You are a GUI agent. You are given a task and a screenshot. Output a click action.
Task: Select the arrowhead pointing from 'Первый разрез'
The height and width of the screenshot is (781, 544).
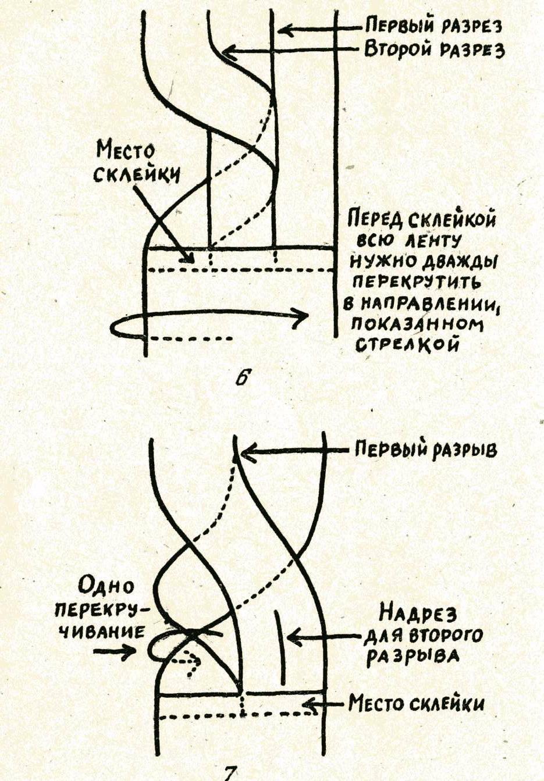285,29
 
